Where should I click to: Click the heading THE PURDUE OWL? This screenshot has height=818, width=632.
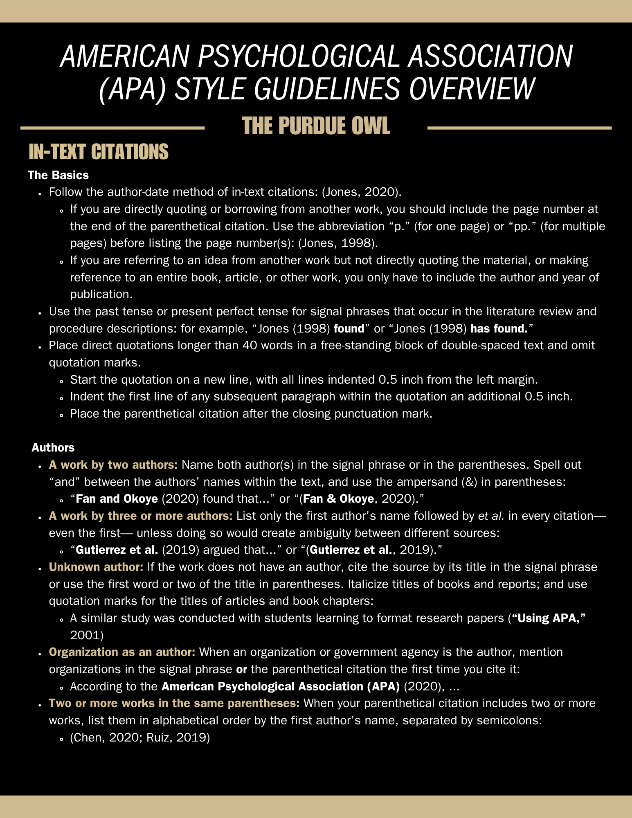click(x=316, y=126)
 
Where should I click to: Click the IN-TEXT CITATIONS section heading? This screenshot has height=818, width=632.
click(x=98, y=152)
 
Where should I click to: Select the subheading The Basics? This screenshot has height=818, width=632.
click(x=58, y=175)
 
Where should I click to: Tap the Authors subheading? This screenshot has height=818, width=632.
click(x=53, y=447)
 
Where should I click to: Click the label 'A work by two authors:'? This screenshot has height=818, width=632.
click(x=113, y=465)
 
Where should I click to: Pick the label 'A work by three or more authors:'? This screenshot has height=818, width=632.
click(x=141, y=516)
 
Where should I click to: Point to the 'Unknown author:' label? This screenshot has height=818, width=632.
click(x=96, y=567)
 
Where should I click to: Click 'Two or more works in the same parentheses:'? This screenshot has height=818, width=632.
click(x=174, y=703)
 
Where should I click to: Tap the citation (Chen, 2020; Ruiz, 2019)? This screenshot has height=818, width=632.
click(x=140, y=737)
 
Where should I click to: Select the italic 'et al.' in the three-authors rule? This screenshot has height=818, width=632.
click(x=491, y=516)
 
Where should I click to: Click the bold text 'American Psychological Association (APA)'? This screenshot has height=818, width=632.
click(x=281, y=686)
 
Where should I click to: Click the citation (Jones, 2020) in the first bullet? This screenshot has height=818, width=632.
click(x=361, y=192)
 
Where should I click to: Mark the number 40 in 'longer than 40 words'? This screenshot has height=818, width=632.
click(x=250, y=346)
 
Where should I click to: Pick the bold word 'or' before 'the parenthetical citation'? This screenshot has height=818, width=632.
click(x=241, y=669)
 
